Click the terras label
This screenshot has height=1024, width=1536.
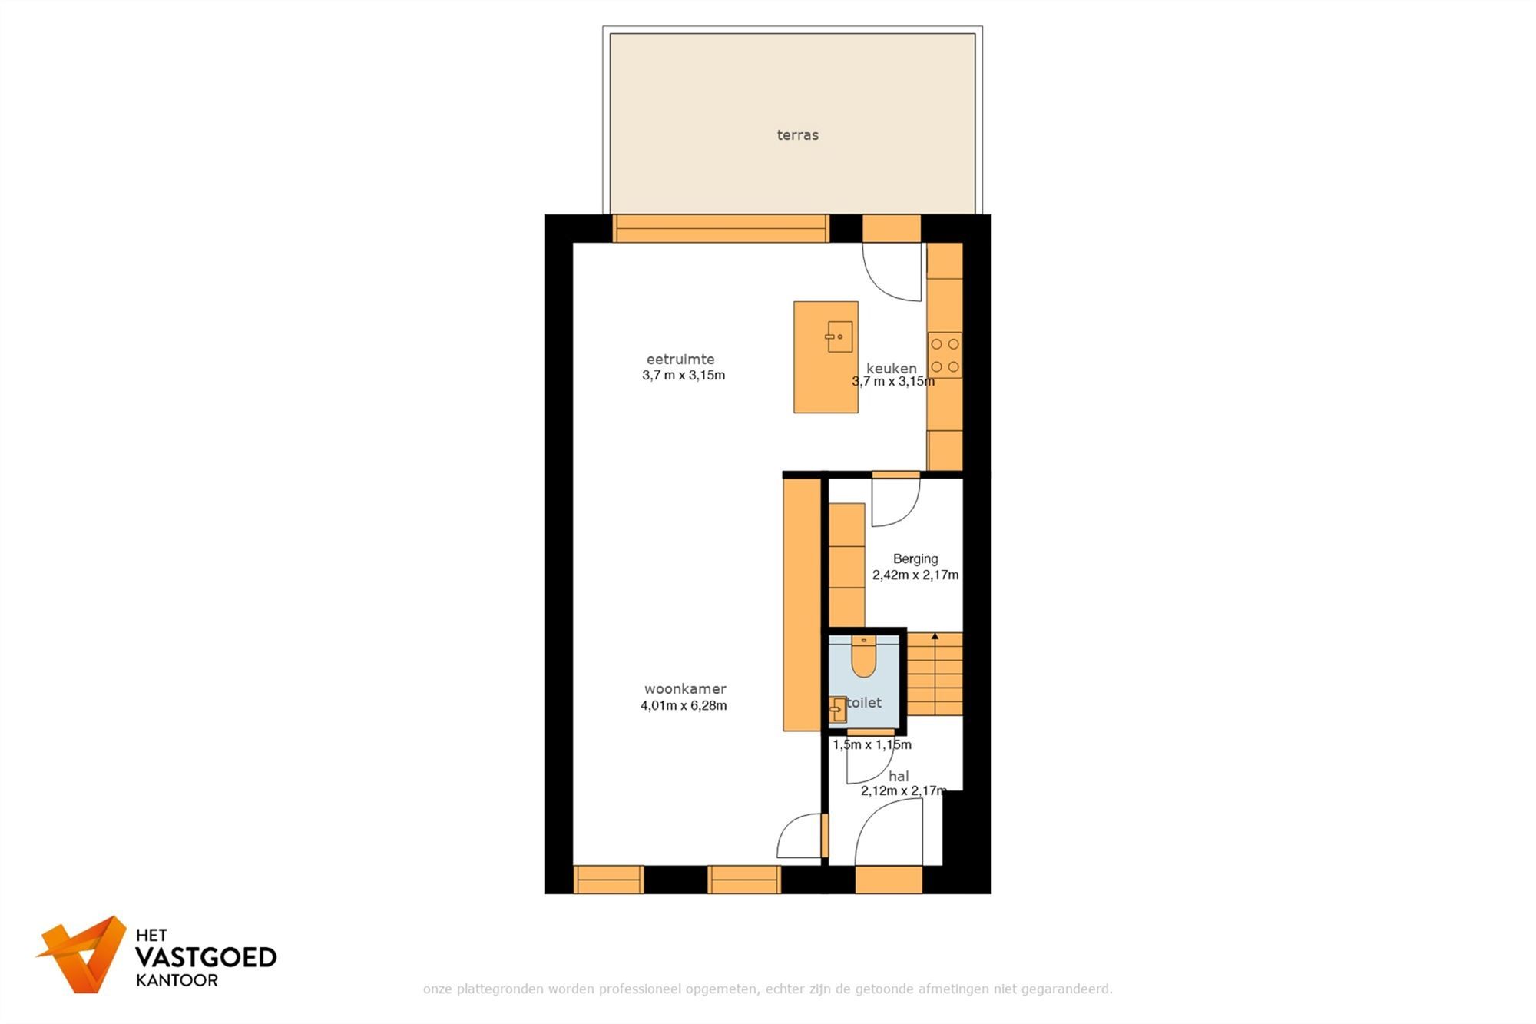797,135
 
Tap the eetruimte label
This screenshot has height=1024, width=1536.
680,359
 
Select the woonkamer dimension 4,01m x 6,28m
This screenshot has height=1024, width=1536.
684,705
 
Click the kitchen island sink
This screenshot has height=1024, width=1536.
839,336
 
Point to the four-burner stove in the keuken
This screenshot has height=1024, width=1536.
945,355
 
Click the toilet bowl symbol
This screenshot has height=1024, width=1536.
864,658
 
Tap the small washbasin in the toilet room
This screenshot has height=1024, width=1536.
838,709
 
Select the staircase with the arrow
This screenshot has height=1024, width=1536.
935,674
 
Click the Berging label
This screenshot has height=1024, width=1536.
915,558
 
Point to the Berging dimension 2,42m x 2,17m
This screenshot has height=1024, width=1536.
915,575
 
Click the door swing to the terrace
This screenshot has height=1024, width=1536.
893,272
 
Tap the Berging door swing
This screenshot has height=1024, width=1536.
895,502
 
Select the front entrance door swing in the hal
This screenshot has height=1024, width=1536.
889,832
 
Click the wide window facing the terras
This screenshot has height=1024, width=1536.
720,229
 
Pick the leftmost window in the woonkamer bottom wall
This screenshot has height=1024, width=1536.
608,880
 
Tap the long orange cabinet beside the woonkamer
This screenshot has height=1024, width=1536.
802,604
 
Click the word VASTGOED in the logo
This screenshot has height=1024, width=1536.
206,957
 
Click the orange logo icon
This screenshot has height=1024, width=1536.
83,954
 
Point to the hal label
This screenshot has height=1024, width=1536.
898,776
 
